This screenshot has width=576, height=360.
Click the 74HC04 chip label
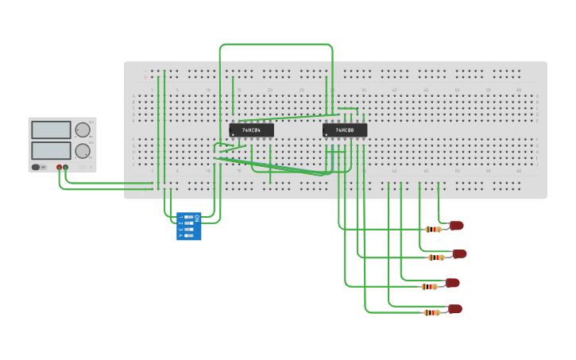point(251,130)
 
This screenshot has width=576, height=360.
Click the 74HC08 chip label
point(345,130)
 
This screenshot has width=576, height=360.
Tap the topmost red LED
point(456,226)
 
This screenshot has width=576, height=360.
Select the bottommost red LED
point(454,309)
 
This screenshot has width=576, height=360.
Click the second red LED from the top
point(459,254)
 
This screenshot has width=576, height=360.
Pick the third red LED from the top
point(453,283)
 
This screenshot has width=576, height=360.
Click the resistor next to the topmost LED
point(433,230)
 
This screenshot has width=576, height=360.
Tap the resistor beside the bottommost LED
point(431,313)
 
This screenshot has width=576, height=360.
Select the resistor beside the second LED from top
point(436,257)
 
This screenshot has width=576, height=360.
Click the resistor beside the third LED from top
point(430,286)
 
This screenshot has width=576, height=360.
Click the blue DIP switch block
point(188,226)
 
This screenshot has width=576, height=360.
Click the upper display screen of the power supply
point(51,130)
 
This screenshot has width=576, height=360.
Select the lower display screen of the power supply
point(51,150)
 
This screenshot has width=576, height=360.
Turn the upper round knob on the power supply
point(83,130)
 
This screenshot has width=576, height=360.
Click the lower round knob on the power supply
point(83,151)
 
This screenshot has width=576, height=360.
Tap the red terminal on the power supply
point(59,168)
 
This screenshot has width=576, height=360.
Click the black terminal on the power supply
point(65,168)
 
